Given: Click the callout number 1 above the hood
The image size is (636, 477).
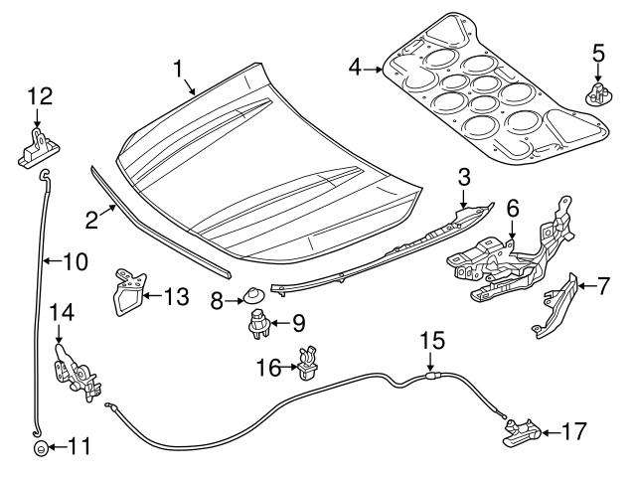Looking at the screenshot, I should pos(179,69).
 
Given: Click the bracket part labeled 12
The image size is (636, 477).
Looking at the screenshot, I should pos(35,148).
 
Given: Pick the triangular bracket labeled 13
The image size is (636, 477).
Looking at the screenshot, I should pos(125,295).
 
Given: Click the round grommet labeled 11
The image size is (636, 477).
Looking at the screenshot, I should pos(38,447).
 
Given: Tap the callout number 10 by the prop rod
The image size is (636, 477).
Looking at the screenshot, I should pos(75,262).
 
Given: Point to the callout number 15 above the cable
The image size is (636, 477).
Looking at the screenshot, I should pos(428,340).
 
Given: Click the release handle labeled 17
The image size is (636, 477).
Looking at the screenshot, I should pos(523,431).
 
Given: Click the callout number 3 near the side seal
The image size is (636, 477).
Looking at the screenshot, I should pos(463,177).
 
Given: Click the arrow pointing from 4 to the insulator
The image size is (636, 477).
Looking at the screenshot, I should pos(374,69).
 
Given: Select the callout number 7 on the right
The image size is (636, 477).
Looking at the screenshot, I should pos(603,287).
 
